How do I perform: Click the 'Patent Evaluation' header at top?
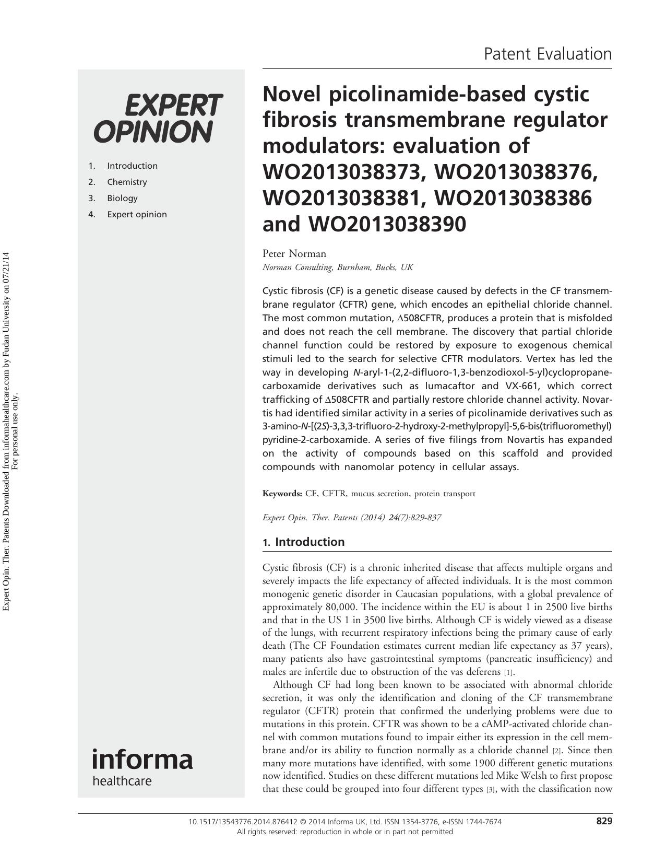pos(548,54)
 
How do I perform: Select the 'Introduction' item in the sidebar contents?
pos(132,166)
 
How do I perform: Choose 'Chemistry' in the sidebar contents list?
pos(127,182)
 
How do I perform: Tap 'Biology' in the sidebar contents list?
pos(122,198)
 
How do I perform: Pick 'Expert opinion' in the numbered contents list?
pos(137,214)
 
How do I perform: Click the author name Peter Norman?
pos(294,253)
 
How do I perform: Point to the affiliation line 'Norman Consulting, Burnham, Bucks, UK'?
pos(337,267)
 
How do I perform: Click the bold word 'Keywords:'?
pos(282,494)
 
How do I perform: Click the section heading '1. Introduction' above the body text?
pos(303,542)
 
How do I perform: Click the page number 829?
pos(604,821)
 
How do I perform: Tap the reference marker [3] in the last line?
pos(490,789)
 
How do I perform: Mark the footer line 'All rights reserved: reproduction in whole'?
pos(344,832)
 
